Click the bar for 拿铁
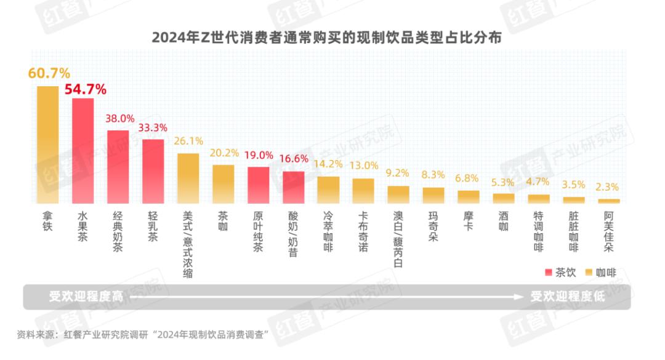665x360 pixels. tap(47, 145)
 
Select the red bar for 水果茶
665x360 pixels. tap(83, 151)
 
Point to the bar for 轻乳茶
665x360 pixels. tap(153, 171)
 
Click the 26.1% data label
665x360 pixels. tap(189, 142)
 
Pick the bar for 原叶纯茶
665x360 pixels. tap(259, 185)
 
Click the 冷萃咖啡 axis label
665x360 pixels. tap(329, 231)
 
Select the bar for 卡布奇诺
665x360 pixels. tap(363, 191)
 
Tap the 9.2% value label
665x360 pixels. tap(398, 174)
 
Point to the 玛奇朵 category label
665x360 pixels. tap(433, 226)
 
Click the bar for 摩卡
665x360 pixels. tap(469, 197)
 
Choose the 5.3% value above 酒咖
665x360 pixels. tap(504, 182)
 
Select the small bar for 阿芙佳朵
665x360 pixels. tap(609, 201)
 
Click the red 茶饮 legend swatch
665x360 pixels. tap(549, 272)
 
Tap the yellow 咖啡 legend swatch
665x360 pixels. tap(586, 272)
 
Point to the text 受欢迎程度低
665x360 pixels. tap(568, 297)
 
